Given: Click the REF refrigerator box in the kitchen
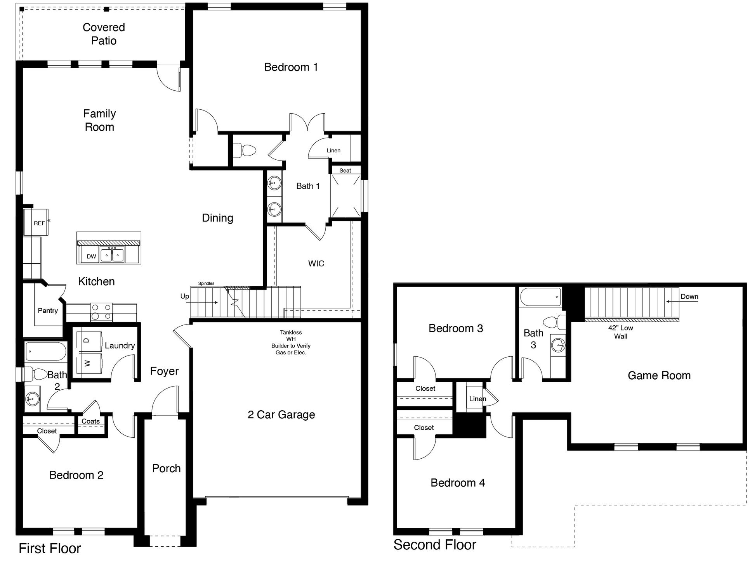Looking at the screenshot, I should (x=36, y=223).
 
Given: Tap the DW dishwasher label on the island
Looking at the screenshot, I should (x=91, y=256).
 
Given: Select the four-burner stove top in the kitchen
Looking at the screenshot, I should (x=101, y=312).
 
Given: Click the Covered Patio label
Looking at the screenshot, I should (x=104, y=34).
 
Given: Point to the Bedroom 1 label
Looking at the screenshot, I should (x=291, y=67).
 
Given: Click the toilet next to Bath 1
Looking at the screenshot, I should (x=245, y=150).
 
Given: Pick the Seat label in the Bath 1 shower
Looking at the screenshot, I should (x=345, y=171).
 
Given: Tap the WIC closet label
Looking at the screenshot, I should (x=316, y=264).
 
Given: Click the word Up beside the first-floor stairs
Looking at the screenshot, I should (x=184, y=296).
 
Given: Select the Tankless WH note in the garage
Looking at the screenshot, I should (x=291, y=342).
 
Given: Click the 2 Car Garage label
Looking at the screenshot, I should (x=281, y=415).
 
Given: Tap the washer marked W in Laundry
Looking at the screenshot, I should (x=89, y=363).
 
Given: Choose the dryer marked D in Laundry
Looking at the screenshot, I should (x=89, y=341).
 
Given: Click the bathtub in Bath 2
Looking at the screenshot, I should (x=45, y=351).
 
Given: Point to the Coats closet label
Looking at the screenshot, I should (x=90, y=421).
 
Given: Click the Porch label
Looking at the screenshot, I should (x=166, y=468).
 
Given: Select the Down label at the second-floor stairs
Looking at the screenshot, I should (x=689, y=297).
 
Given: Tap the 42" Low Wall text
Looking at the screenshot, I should (x=620, y=332).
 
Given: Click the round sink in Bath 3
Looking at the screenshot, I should (x=558, y=345).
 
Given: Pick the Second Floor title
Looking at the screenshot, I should (x=434, y=545).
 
